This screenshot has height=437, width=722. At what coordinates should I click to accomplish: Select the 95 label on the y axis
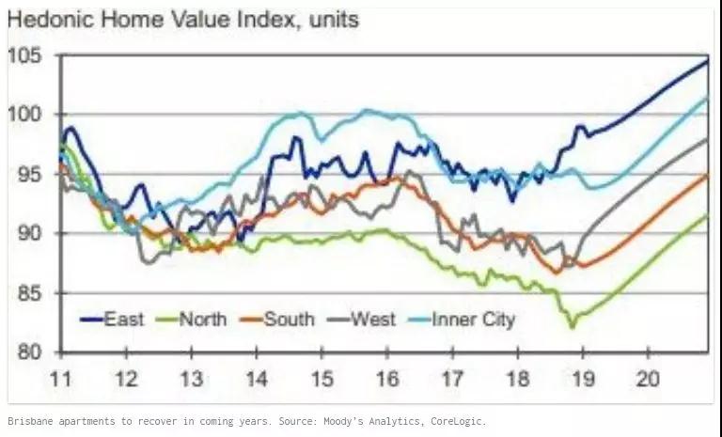[28, 175]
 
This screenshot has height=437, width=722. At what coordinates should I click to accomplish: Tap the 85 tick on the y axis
[28, 294]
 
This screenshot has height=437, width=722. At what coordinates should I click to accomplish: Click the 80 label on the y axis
[28, 353]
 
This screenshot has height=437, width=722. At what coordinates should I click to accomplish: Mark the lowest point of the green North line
[571, 326]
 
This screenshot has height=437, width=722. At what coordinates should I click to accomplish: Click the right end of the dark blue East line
[707, 61]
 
